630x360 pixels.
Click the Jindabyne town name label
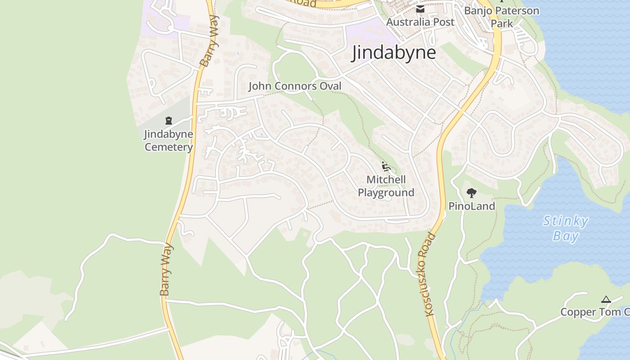[x=394, y=53]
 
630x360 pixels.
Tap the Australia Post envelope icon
[x=420, y=9]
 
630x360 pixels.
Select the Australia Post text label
[x=420, y=22]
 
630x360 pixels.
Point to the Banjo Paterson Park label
[x=502, y=17]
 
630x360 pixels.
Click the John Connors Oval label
[x=295, y=86]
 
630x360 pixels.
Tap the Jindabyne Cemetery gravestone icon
[x=169, y=121]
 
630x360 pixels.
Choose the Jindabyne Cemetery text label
[x=169, y=140]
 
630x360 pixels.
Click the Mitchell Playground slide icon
[x=386, y=166]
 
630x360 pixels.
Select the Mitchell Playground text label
[x=386, y=186]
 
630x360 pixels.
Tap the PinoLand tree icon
[x=472, y=193]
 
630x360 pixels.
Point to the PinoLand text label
[x=472, y=206]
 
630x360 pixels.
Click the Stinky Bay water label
[x=566, y=229]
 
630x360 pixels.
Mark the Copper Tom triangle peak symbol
[x=606, y=300]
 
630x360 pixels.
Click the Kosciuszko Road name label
[x=429, y=274]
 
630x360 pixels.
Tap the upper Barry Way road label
[x=210, y=41]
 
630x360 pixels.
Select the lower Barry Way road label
[x=166, y=270]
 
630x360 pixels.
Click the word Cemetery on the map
[x=169, y=147]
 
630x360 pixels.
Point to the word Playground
[x=386, y=193]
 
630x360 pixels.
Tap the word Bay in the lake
[x=566, y=236]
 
